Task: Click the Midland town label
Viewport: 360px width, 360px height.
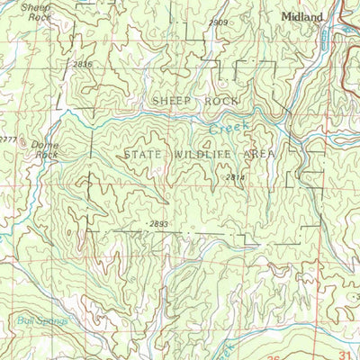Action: click(x=301, y=16)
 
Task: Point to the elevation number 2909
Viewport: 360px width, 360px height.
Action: click(x=219, y=22)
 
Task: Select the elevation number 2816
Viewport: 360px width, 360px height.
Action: click(x=83, y=65)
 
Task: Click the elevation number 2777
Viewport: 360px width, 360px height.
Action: click(x=7, y=138)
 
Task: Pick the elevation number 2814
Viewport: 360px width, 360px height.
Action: click(x=236, y=178)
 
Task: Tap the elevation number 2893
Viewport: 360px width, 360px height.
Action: click(x=158, y=222)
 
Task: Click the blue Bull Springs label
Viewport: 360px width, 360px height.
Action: click(x=42, y=319)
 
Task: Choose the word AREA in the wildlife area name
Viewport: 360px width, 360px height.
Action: click(x=256, y=155)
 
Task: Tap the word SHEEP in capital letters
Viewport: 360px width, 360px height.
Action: click(x=172, y=101)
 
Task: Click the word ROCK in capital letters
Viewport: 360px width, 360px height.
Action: click(x=223, y=101)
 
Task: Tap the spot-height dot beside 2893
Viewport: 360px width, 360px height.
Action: click(x=142, y=222)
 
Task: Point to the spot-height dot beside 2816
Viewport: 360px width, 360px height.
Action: click(x=67, y=65)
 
